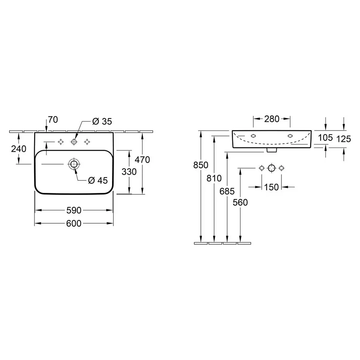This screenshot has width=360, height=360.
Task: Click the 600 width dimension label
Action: (74, 223)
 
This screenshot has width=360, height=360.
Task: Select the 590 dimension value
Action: (74, 210)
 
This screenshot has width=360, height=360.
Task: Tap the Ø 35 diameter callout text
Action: (102, 121)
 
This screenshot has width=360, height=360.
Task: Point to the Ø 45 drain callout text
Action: (98, 181)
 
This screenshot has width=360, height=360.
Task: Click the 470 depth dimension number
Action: (142, 160)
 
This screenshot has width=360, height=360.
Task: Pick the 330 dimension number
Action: (129, 172)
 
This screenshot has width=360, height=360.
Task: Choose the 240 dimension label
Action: (19, 149)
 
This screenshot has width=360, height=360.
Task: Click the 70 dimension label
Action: (53, 120)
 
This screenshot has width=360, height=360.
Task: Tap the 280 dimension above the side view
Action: (271, 119)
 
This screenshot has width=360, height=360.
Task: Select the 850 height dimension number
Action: (201, 165)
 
